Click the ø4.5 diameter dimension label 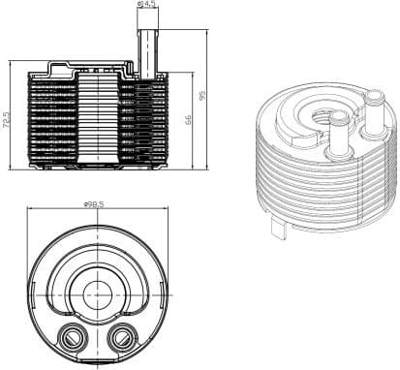coord(148,5)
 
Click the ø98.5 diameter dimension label coord(95,204)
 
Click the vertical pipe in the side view coord(148,48)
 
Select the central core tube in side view coord(96,121)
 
